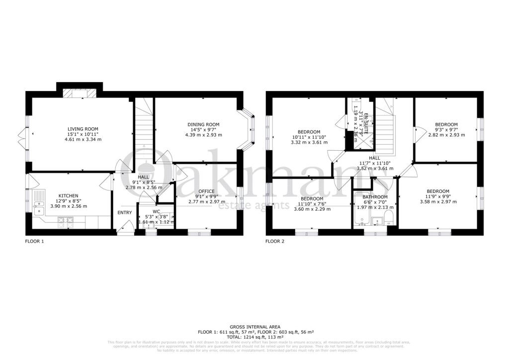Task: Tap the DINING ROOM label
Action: click(203, 124)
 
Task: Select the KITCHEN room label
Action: click(68, 195)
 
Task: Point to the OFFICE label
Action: click(206, 191)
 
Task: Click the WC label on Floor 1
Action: click(157, 211)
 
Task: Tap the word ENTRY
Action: click(124, 213)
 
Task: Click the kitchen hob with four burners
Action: click(66, 222)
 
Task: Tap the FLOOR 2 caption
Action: click(275, 241)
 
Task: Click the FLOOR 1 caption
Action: click(35, 241)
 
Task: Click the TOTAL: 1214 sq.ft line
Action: click(254, 336)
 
